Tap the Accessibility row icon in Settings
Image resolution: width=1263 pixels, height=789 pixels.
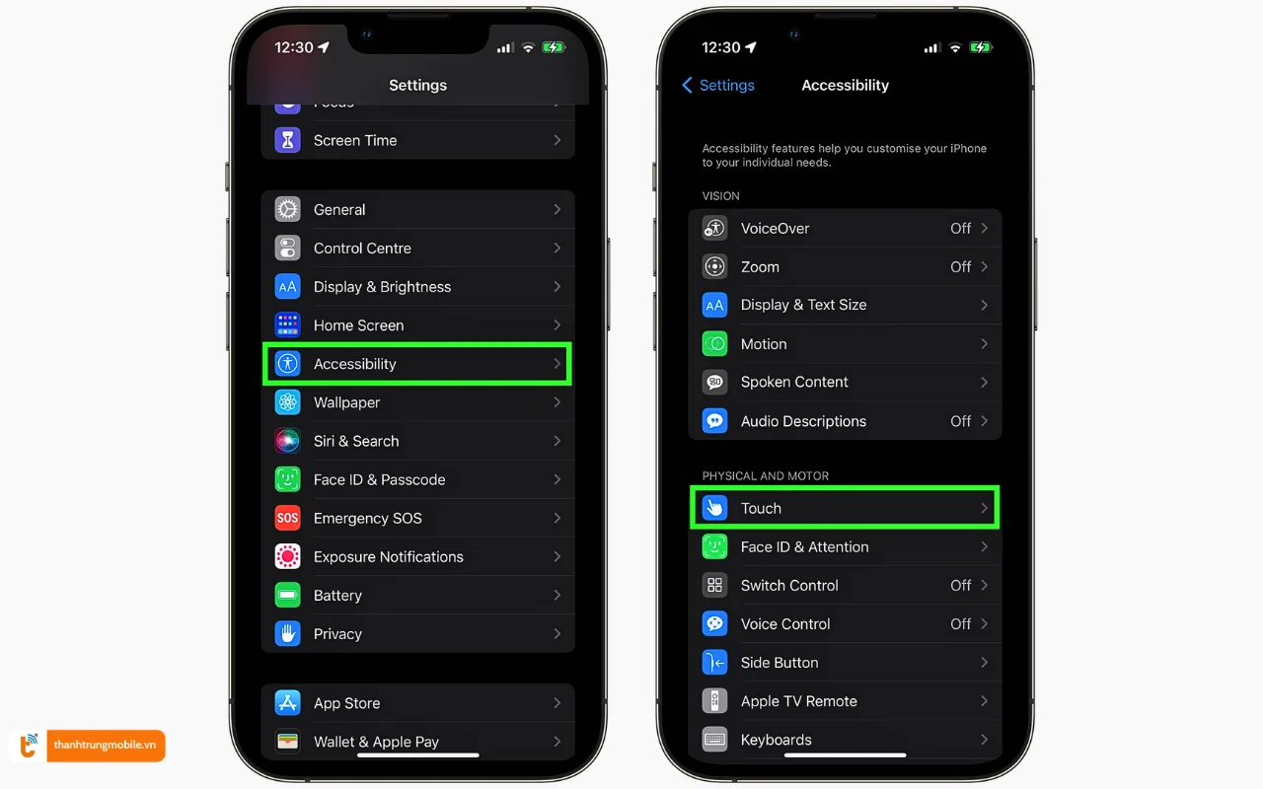[x=287, y=364]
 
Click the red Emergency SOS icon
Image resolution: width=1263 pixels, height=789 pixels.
[x=287, y=518]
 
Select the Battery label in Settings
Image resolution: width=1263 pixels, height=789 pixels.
[x=337, y=596]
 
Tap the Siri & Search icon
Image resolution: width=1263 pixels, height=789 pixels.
[x=287, y=441]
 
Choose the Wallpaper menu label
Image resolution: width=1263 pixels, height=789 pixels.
[x=346, y=402]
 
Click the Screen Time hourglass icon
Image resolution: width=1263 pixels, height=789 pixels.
[x=287, y=140]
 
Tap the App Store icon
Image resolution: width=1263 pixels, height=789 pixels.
[x=287, y=703]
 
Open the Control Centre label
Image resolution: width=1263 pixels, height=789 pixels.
[x=362, y=249]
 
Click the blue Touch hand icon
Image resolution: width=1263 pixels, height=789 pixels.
[x=714, y=508]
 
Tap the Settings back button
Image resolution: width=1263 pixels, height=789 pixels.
[x=718, y=86]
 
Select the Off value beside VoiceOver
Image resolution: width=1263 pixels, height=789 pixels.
[x=960, y=229]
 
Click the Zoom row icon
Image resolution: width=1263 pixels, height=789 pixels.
[x=714, y=266]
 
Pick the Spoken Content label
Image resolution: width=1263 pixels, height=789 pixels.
[x=794, y=383]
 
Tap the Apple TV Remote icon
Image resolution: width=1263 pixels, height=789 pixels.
[x=714, y=701]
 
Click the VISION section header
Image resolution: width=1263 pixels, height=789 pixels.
[x=720, y=196]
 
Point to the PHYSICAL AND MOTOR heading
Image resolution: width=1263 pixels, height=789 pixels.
[x=765, y=476]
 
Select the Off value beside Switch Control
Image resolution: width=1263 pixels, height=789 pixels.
[x=960, y=586]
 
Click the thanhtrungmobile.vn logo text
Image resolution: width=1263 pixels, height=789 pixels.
[x=105, y=746]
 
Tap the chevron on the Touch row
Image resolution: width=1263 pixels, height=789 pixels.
[x=984, y=508]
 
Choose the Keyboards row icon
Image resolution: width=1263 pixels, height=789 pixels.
[x=714, y=740]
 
